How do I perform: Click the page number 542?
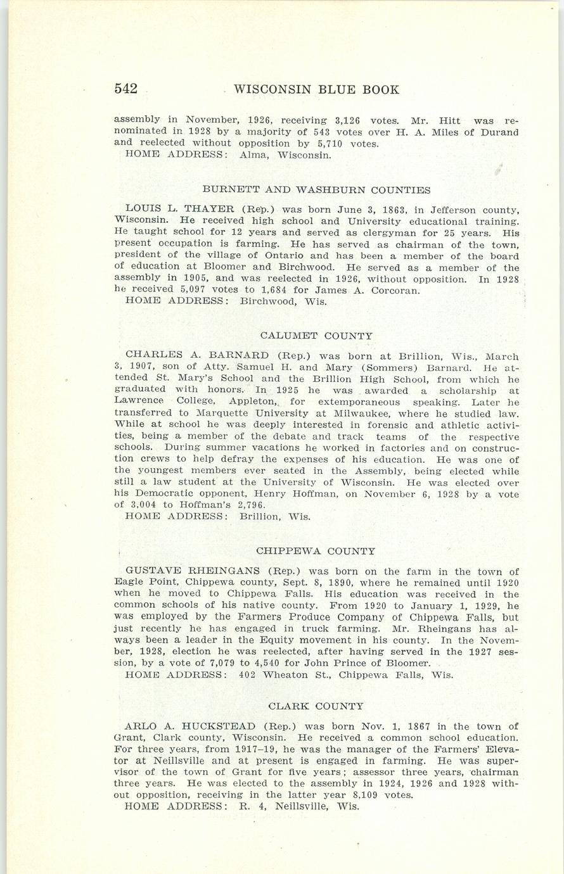pos(126,89)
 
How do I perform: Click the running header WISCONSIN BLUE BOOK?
pos(316,89)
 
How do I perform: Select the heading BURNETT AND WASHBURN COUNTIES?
pos(316,189)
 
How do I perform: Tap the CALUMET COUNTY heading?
pos(316,336)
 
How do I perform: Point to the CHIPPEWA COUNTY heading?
pos(316,552)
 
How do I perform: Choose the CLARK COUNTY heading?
pos(316,706)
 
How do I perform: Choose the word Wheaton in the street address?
pos(285,675)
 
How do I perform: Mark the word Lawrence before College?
pos(139,402)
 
